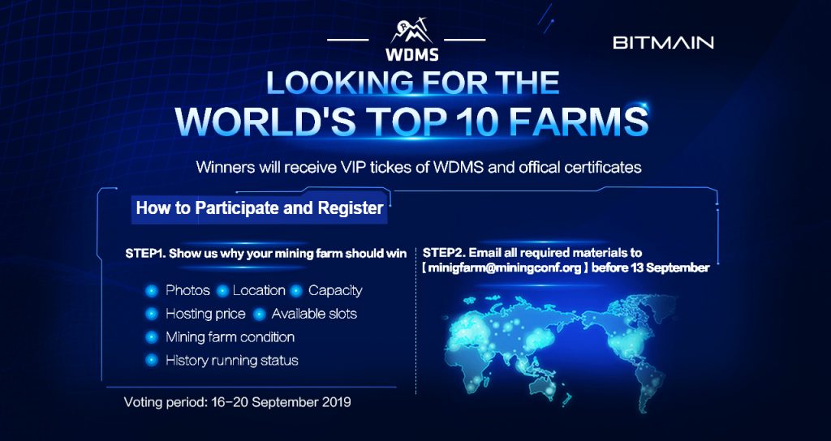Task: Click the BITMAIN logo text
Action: click(x=663, y=42)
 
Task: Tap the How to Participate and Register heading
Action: click(x=259, y=208)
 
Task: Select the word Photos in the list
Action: click(x=187, y=290)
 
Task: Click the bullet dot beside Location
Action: click(x=221, y=291)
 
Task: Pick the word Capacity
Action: click(x=335, y=290)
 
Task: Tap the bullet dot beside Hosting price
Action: click(x=151, y=314)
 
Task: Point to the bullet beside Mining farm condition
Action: click(x=151, y=337)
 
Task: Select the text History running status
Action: click(x=232, y=360)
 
